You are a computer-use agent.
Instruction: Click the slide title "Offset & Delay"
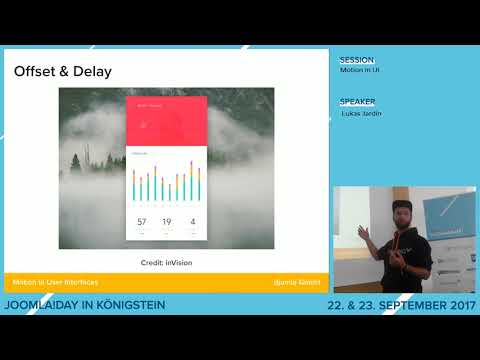(62, 72)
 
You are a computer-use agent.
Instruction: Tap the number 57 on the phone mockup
(141, 221)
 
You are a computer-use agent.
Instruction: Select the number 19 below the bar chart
(166, 221)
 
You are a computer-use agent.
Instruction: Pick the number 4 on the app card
(192, 221)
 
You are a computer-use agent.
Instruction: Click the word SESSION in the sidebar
(357, 60)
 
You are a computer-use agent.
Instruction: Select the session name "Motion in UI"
(361, 70)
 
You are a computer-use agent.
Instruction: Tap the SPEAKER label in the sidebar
(357, 102)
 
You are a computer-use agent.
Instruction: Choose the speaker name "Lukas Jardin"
(362, 113)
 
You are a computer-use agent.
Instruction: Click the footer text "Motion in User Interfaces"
(55, 283)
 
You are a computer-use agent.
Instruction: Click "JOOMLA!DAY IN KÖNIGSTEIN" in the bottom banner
(85, 304)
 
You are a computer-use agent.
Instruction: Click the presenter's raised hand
(365, 233)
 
